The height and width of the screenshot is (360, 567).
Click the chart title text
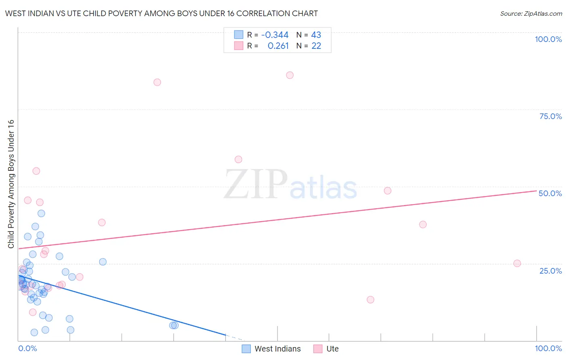[x=161, y=13]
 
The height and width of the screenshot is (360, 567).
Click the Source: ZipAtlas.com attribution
[x=531, y=13]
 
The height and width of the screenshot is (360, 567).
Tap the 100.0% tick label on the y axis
[x=548, y=39]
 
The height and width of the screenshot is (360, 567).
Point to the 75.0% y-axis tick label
[x=550, y=116]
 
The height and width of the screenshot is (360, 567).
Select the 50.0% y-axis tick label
[x=550, y=193]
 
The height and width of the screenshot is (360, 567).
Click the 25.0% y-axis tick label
[x=550, y=270]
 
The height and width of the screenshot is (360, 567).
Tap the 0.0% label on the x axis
[x=27, y=348]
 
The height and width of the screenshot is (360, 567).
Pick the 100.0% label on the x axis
[x=548, y=348]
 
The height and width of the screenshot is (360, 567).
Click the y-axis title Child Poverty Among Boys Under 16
[x=11, y=184]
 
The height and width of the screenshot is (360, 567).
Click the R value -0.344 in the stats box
[x=275, y=35]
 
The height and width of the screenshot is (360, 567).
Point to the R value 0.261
[x=278, y=46]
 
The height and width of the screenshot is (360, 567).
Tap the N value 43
[x=316, y=35]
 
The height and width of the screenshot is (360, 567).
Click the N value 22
[x=316, y=46]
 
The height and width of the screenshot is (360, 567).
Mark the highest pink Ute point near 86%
[x=290, y=75]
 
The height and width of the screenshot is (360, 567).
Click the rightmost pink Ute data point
[x=517, y=263]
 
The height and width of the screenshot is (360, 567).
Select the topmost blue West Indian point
[x=41, y=213]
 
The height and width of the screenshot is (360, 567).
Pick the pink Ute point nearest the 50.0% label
[x=388, y=190]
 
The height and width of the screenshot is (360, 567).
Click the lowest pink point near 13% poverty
[x=370, y=299]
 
